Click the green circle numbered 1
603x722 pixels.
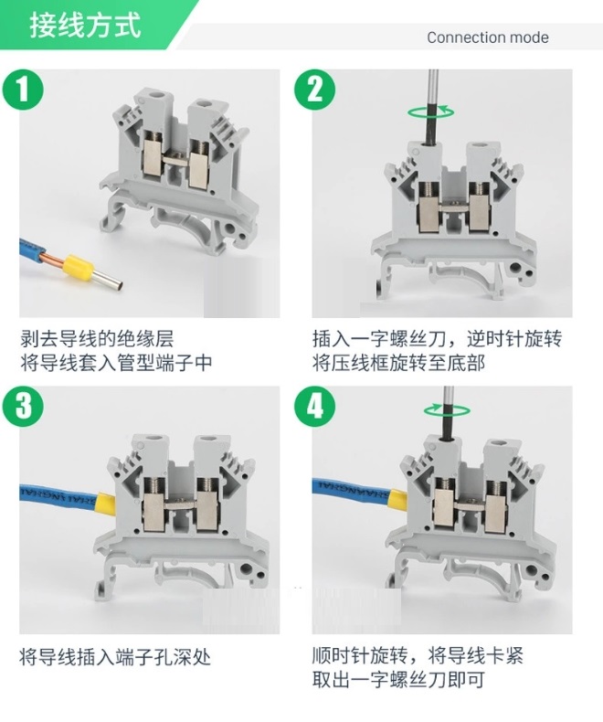[23, 90]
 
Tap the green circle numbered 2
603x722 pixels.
[315, 90]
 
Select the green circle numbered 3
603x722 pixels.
[23, 407]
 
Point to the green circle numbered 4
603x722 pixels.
[315, 407]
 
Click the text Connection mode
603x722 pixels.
[488, 37]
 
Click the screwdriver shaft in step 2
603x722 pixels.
[432, 105]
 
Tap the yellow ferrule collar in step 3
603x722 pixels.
[104, 504]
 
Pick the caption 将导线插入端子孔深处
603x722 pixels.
[115, 657]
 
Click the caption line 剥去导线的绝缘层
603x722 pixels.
[97, 339]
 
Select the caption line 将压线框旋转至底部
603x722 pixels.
[398, 364]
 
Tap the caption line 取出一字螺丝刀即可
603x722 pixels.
[398, 680]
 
